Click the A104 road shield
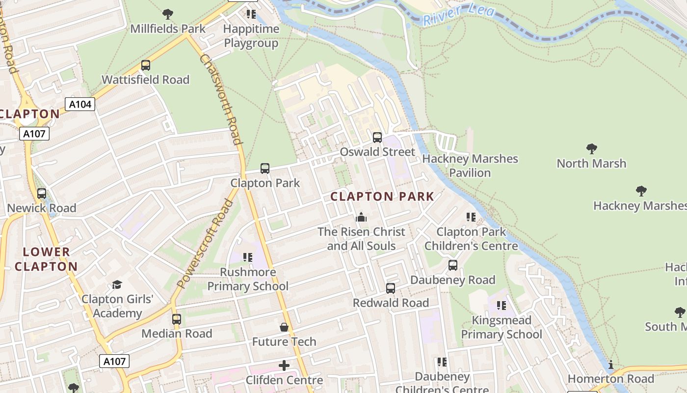(79, 104)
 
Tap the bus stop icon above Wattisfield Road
(145, 65)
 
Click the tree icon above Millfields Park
(168, 14)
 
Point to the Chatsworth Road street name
(221, 98)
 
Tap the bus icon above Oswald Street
(377, 138)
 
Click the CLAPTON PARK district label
(382, 197)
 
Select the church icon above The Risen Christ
(361, 217)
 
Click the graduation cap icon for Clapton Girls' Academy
(117, 284)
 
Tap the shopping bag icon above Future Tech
(284, 327)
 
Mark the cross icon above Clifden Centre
(284, 365)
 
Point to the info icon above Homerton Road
(611, 365)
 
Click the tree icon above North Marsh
(591, 149)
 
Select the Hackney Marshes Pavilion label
(470, 166)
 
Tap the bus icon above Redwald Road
(391, 288)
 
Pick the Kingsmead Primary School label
(502, 327)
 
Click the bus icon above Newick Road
(42, 194)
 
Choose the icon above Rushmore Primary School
(248, 257)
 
